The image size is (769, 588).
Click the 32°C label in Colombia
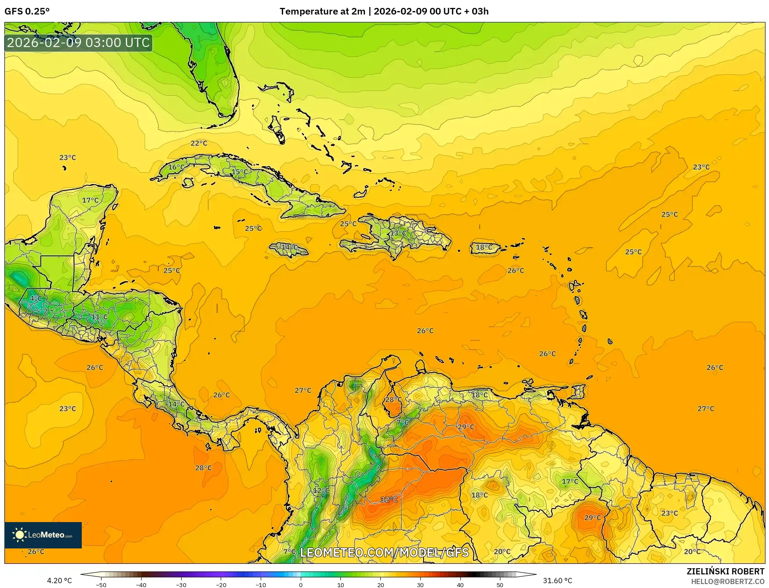click(389, 499)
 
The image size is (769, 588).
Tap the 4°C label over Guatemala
click(36, 298)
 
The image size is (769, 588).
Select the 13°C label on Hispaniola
click(398, 233)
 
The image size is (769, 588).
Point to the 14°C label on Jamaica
click(289, 247)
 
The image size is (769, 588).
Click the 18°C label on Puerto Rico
click(484, 247)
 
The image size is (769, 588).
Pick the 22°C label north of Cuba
click(199, 143)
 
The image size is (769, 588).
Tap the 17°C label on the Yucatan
click(91, 200)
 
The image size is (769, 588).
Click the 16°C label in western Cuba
click(176, 167)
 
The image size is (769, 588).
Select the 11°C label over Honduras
click(99, 317)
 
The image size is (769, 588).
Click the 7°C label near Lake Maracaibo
click(402, 422)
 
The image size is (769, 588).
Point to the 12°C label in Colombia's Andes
click(321, 490)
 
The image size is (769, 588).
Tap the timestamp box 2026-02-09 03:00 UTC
click(78, 43)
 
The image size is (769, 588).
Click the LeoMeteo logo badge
click(43, 535)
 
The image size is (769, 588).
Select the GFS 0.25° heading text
click(27, 11)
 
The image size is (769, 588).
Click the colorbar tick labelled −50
click(101, 584)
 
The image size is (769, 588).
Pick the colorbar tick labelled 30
click(420, 584)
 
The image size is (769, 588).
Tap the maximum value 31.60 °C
click(558, 581)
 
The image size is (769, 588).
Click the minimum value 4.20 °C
click(59, 581)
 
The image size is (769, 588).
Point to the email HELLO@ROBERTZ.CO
click(727, 581)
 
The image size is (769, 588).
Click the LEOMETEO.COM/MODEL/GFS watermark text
click(384, 552)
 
